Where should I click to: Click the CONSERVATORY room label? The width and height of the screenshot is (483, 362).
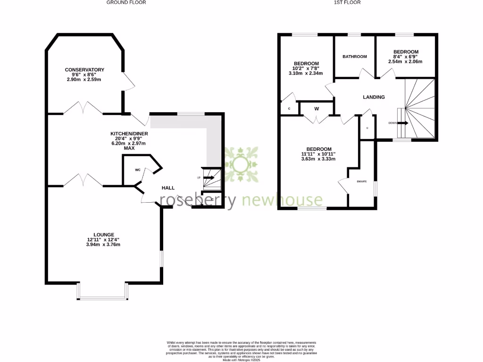coord(84,70)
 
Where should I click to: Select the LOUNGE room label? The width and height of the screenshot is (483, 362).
coord(103,234)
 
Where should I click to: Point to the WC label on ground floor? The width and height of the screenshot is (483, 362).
coord(138,170)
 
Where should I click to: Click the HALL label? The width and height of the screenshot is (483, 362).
coord(168,188)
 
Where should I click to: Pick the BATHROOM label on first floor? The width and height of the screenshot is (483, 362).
coord(354,57)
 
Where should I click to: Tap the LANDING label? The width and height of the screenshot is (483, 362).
coord(374,97)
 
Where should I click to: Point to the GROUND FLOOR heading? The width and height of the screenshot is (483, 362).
coord(126,2)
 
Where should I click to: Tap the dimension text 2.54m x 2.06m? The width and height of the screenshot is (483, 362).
coord(405,61)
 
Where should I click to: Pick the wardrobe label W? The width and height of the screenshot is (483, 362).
coord(316,109)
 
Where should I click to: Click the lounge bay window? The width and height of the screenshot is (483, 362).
coord(103,297)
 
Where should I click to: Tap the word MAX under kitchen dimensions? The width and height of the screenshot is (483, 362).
coord(129,148)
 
